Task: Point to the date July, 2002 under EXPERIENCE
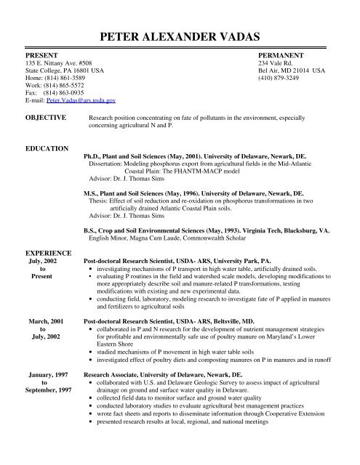(46, 258)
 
